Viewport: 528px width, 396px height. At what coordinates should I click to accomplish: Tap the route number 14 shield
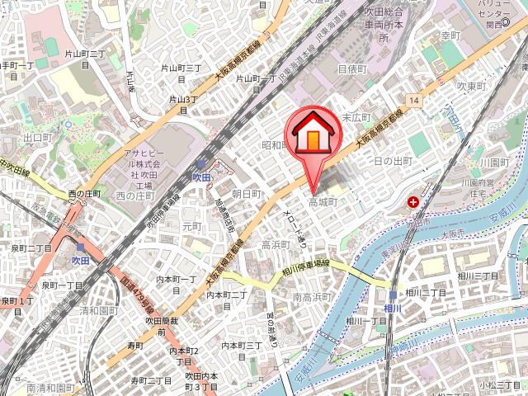tap(412, 100)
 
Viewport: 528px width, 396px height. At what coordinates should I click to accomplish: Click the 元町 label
tap(191, 225)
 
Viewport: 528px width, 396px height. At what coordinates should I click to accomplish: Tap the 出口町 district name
tap(38, 138)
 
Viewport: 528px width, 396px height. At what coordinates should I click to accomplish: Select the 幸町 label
tap(450, 36)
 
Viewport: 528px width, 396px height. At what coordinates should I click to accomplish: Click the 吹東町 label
tap(474, 86)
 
